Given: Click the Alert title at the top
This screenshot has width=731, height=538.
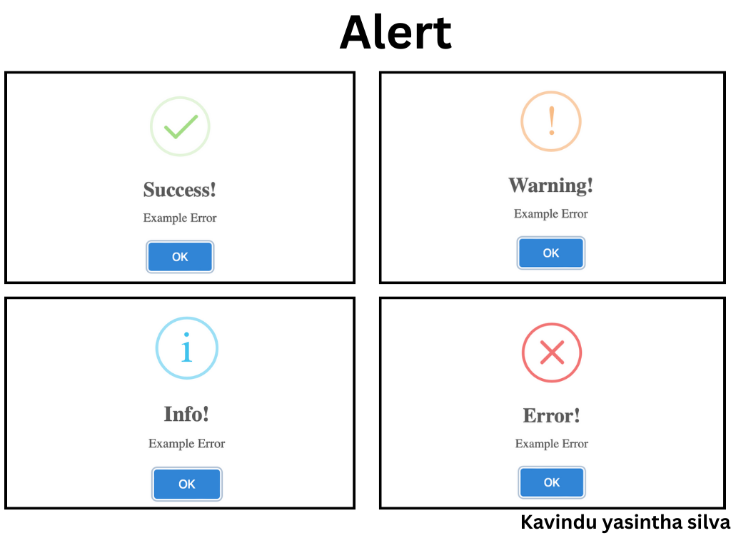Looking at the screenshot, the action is coord(395,33).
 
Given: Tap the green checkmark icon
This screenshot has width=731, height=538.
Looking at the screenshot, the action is coord(180,126).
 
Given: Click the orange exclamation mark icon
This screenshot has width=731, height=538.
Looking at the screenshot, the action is coord(550,121).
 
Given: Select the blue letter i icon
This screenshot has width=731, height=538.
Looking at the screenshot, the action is coord(186,348).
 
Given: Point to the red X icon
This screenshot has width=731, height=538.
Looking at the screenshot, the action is coord(552,352).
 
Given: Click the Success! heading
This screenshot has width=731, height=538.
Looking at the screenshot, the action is coord(180,190).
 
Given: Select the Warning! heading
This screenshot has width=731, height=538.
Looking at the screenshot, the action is coord(550,186).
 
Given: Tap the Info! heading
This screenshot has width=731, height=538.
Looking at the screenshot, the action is coord(186,414).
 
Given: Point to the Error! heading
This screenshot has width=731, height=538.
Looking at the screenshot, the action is coord(552,415).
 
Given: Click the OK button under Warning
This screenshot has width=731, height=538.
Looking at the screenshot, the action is coord(550,253).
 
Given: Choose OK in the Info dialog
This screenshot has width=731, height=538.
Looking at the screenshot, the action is coord(186,484).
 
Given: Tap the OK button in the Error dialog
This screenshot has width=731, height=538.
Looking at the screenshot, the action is coord(552,482).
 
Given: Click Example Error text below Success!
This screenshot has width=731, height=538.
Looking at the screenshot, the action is coord(180,218).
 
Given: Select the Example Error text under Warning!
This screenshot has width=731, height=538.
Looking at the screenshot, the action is coord(550,213).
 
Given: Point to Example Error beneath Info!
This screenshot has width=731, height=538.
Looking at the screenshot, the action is coord(186,443).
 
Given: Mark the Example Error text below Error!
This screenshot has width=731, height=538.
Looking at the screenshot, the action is coord(552,443).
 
